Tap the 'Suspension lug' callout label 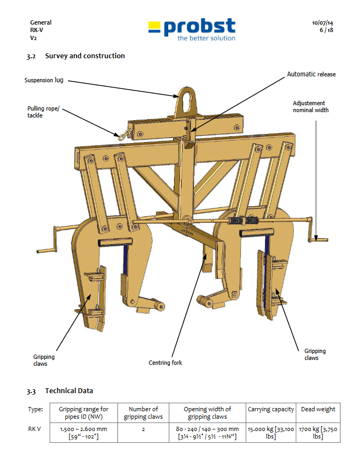coord(44,80)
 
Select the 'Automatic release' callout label coord(311,74)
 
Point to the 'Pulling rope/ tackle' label coord(43,112)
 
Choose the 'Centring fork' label coord(165,363)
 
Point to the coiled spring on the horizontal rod coord(242,220)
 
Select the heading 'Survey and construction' coord(85,56)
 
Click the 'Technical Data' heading coord(69,391)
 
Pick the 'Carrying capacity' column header coord(271,409)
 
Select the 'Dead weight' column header coord(318,409)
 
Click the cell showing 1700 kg coord(318,432)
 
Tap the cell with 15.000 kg coord(271,432)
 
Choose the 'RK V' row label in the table coord(35,428)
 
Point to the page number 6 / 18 coord(326,30)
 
